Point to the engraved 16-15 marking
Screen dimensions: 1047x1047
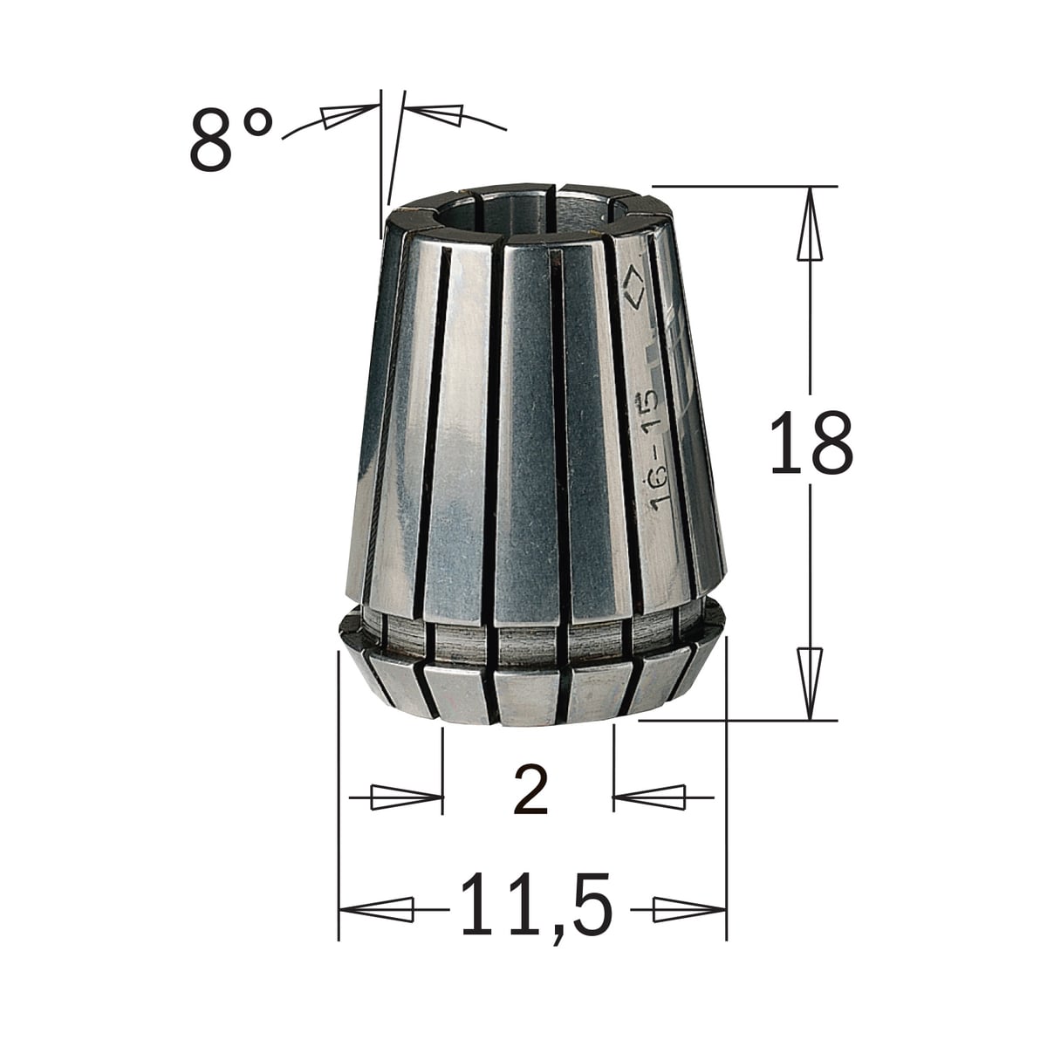click(653, 450)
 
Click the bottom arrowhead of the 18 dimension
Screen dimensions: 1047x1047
click(810, 684)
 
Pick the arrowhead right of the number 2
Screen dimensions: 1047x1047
click(649, 797)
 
